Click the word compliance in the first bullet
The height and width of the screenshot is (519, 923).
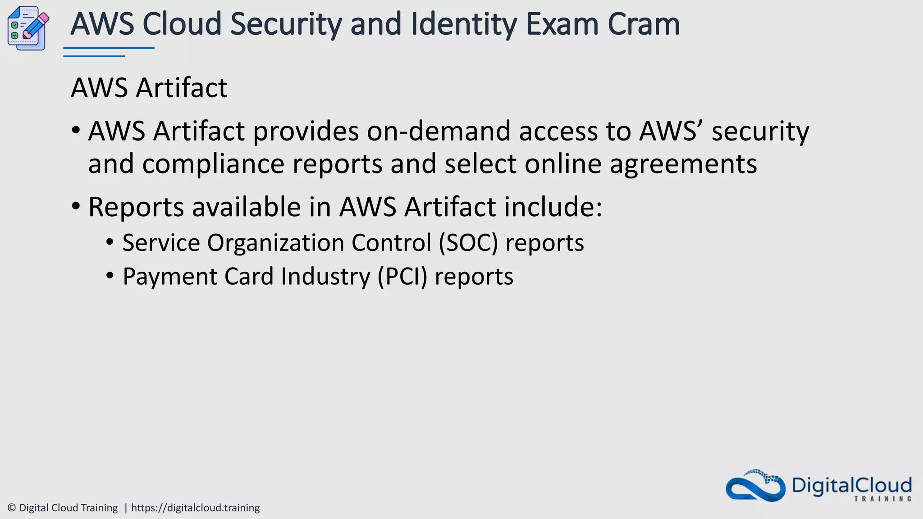tap(213, 164)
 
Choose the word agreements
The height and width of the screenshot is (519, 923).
tap(683, 164)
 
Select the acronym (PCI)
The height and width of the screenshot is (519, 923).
tap(402, 276)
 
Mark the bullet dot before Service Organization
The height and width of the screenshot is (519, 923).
tap(110, 242)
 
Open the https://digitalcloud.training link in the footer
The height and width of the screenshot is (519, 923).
tap(195, 508)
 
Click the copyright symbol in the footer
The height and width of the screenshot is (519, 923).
tap(12, 508)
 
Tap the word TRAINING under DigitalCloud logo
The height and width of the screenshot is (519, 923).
tap(882, 499)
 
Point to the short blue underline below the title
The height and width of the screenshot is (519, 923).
tap(94, 56)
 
